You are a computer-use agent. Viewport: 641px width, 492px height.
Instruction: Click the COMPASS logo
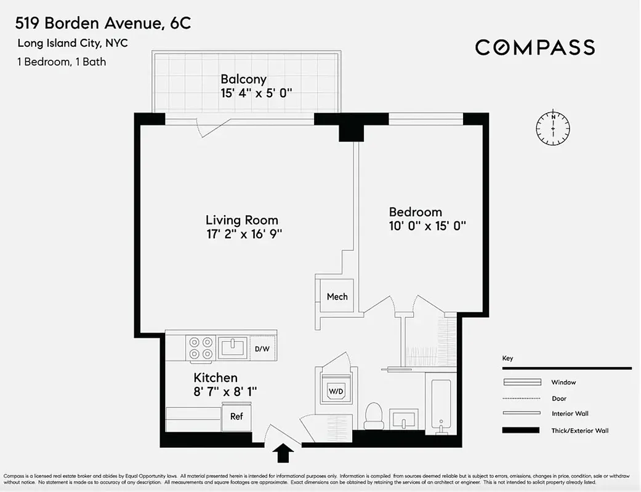tap(534, 47)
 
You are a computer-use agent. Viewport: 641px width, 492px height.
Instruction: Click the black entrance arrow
tap(283, 453)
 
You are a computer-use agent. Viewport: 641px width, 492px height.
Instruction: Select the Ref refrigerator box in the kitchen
tap(236, 416)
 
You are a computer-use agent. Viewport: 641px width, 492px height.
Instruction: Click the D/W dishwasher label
tap(262, 349)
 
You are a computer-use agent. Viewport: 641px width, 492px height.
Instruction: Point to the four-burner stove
tap(201, 347)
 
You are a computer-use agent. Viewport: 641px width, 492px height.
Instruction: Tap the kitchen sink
tap(232, 347)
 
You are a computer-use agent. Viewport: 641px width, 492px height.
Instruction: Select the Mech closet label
tap(337, 296)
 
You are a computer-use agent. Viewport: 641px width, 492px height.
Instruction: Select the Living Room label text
tap(242, 220)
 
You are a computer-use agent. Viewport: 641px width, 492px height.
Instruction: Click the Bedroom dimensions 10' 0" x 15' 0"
tap(427, 226)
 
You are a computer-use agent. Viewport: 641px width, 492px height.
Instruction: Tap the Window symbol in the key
tap(522, 382)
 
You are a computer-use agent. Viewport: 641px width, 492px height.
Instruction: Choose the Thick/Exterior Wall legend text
tap(579, 430)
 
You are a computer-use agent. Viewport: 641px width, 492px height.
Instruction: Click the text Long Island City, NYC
tap(73, 43)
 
